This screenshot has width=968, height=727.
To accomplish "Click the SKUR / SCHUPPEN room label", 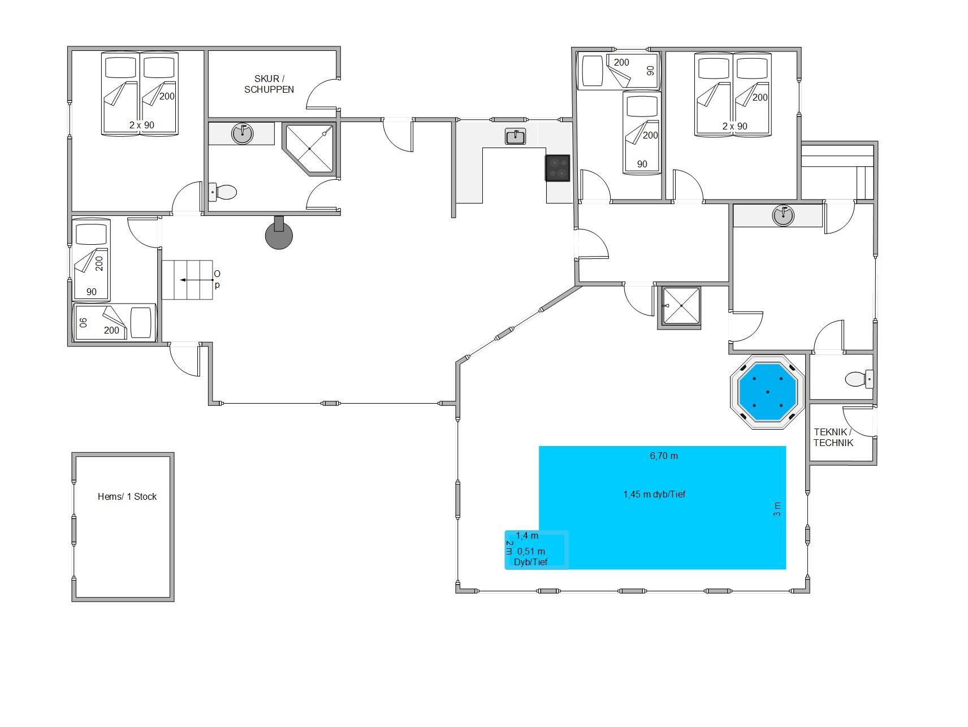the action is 269,84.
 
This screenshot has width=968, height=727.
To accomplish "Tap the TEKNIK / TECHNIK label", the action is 833,437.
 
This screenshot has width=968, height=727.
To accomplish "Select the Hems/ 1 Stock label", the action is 127,496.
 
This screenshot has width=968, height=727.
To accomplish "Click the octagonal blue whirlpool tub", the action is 767,391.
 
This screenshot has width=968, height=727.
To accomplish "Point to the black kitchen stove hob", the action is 558,168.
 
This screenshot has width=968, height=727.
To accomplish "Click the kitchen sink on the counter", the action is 515,136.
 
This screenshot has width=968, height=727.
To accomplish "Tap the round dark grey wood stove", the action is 279,233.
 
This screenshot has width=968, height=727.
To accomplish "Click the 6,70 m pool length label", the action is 664,456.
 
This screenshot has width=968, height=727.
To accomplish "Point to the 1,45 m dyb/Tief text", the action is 654,494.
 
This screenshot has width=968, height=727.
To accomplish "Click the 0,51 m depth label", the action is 531,551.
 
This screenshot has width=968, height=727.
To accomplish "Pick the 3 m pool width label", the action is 777,509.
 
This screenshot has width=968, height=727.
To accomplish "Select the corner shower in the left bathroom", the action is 309,149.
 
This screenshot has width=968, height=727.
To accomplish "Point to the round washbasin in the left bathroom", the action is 243,134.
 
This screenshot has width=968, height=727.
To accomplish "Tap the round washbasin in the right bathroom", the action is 783,215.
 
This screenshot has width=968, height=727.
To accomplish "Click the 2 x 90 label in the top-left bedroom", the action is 141,125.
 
